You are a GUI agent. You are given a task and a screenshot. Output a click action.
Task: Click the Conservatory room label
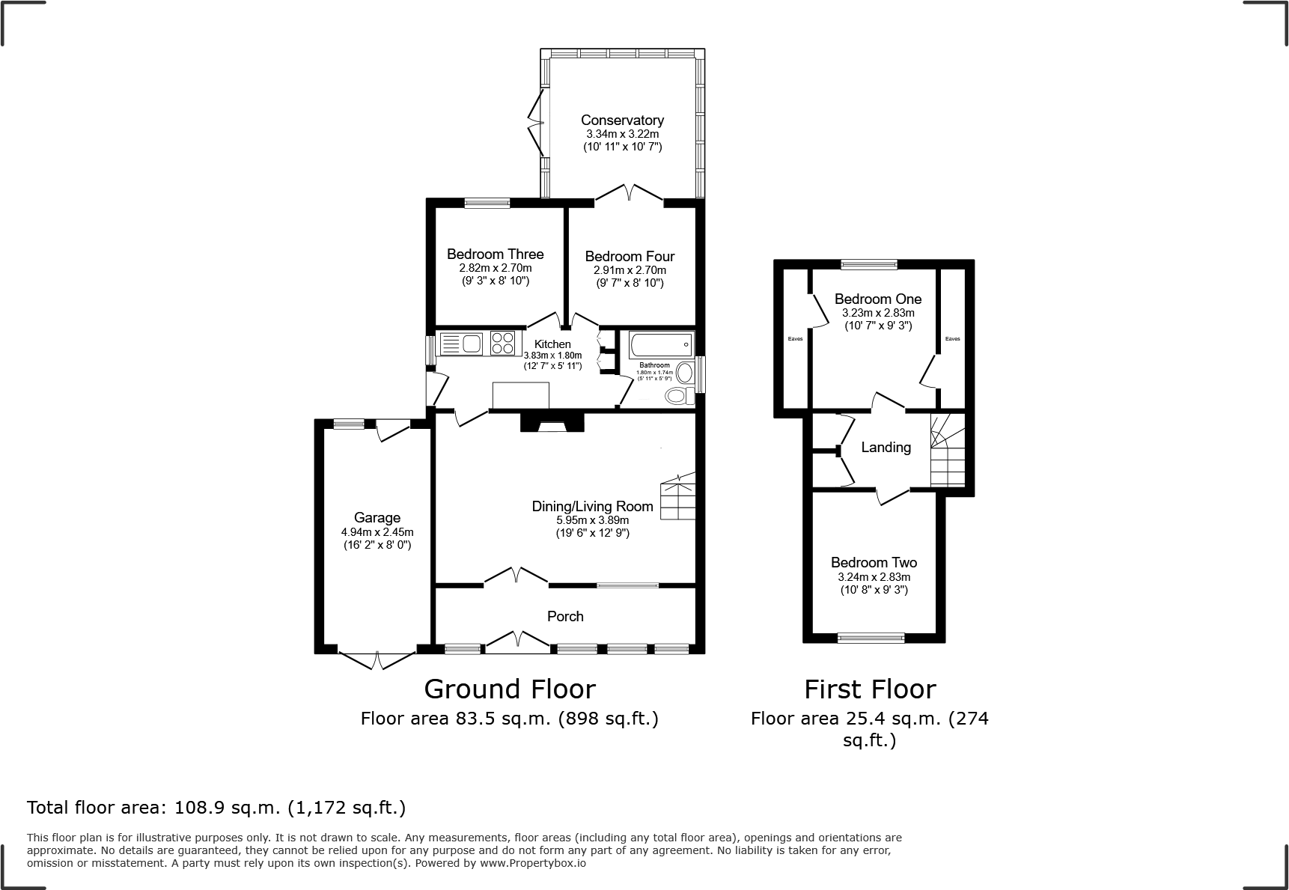pyautogui.click(x=622, y=120)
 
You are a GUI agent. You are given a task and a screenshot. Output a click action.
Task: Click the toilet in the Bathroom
pyautogui.click(x=677, y=395)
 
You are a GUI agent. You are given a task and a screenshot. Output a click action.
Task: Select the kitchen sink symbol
pyautogui.click(x=462, y=344)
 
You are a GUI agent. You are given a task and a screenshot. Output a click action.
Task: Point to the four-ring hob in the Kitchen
pyautogui.click(x=503, y=343)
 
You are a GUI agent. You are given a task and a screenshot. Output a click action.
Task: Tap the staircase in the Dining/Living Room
pyautogui.click(x=678, y=498)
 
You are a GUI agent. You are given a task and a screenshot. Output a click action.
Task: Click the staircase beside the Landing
pyautogui.click(x=947, y=450)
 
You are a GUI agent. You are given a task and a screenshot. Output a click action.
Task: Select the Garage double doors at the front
pyautogui.click(x=377, y=660)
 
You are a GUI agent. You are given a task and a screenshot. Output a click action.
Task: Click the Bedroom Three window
pyautogui.click(x=487, y=202)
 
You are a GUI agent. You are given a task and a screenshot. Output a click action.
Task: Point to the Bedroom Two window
pyautogui.click(x=871, y=638)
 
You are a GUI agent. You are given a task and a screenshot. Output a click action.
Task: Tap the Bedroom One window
pyautogui.click(x=868, y=263)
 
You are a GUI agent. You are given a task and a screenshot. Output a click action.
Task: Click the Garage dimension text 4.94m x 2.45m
pyautogui.click(x=377, y=532)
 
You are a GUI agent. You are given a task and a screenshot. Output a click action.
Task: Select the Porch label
pyautogui.click(x=565, y=616)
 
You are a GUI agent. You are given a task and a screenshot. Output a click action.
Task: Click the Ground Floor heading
pyautogui.click(x=510, y=689)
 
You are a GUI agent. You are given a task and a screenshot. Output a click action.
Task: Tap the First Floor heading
pyautogui.click(x=870, y=689)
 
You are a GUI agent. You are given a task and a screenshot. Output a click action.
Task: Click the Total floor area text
pyautogui.click(x=216, y=808)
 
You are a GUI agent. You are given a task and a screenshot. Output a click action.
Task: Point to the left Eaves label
pyautogui.click(x=795, y=339)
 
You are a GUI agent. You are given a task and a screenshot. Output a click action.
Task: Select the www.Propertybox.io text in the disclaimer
pyautogui.click(x=532, y=863)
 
